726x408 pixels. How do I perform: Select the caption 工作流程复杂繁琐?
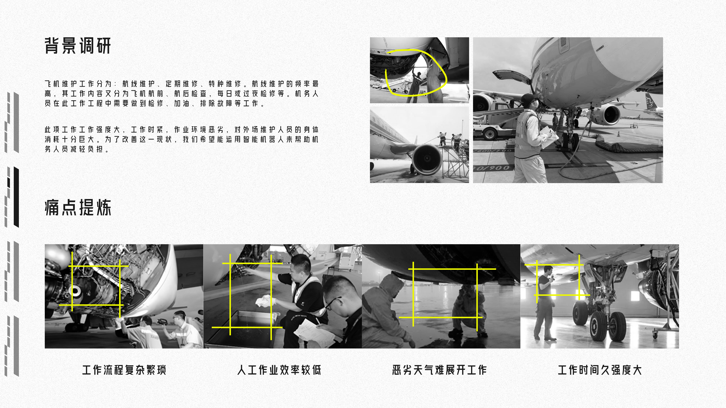coord(124,370)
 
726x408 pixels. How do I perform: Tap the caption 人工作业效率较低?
coord(279,370)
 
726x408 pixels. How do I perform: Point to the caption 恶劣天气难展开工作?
coord(439,370)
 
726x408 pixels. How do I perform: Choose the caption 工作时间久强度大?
coord(600,370)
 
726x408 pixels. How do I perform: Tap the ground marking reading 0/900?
coord(492,168)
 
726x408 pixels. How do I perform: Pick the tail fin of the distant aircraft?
coord(651,101)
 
